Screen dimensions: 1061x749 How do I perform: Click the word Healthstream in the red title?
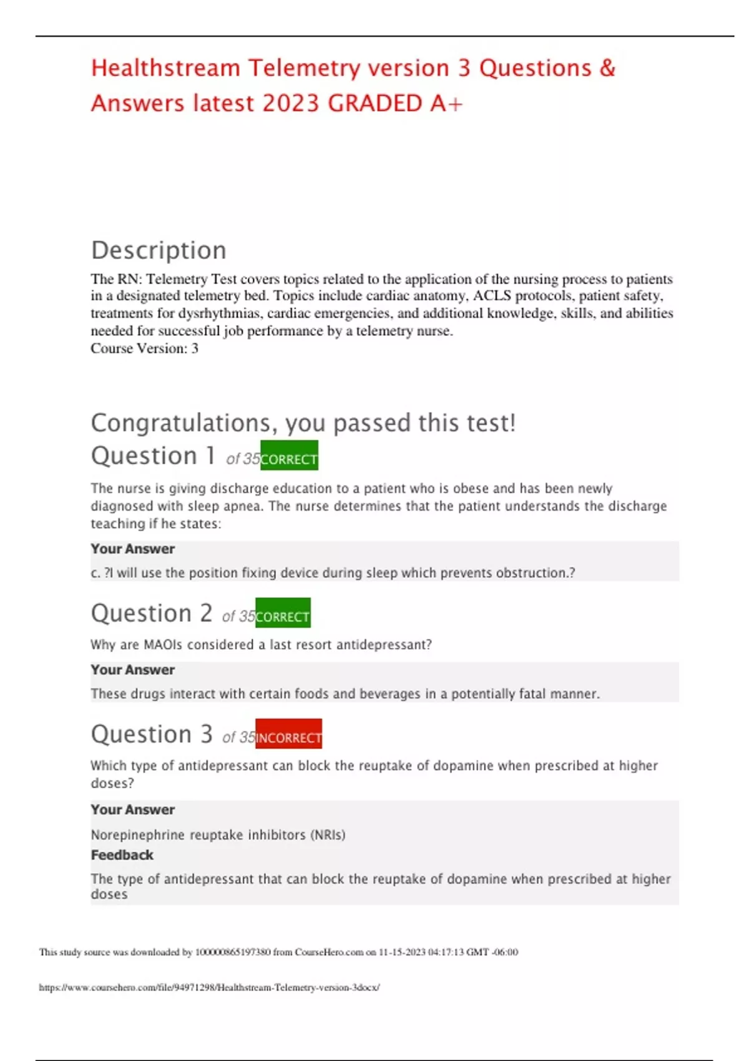click(165, 68)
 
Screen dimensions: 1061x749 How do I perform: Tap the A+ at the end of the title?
click(446, 104)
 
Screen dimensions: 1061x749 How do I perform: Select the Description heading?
click(159, 250)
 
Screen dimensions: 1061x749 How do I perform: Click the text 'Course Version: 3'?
click(144, 348)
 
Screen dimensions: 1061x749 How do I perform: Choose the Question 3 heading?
click(152, 735)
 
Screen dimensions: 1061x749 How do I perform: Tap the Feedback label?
click(122, 855)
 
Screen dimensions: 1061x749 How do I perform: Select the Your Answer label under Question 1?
click(132, 549)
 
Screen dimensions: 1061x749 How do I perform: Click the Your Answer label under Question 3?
click(132, 809)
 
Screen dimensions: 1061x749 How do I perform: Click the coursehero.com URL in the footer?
click(209, 987)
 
